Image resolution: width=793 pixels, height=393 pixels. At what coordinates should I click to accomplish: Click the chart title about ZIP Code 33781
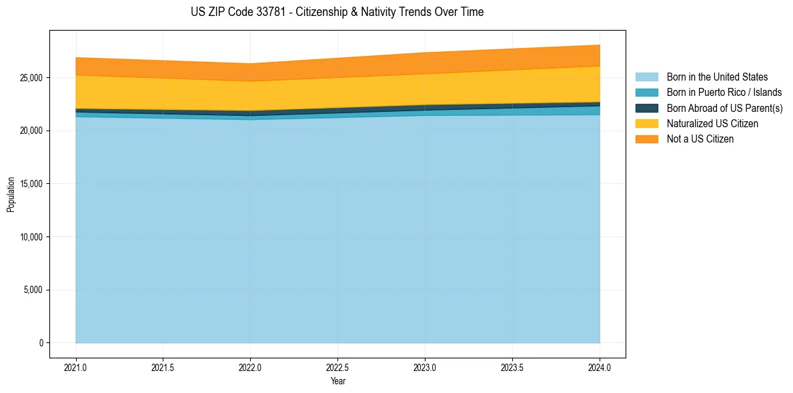click(x=337, y=12)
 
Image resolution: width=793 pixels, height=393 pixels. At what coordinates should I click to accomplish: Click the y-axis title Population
click(x=11, y=195)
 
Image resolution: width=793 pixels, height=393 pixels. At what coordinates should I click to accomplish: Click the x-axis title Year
click(x=337, y=382)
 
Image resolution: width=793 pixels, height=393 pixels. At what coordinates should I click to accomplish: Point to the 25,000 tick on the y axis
click(x=30, y=78)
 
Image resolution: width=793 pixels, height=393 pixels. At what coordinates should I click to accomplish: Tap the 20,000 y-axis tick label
click(x=30, y=131)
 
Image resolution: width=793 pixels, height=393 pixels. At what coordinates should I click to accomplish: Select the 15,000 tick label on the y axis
click(x=30, y=184)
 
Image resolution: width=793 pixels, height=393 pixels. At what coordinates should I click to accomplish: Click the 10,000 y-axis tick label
click(x=30, y=237)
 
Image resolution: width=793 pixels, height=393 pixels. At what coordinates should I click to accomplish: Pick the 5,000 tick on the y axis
click(x=32, y=290)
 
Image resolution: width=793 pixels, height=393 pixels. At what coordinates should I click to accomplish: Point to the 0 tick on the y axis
click(x=41, y=343)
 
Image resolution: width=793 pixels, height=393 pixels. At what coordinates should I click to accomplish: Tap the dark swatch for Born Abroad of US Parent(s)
click(x=646, y=108)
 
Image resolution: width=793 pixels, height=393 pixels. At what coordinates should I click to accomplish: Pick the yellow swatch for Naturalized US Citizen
click(x=646, y=123)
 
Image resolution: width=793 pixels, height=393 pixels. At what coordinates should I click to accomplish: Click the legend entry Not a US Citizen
click(x=700, y=139)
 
